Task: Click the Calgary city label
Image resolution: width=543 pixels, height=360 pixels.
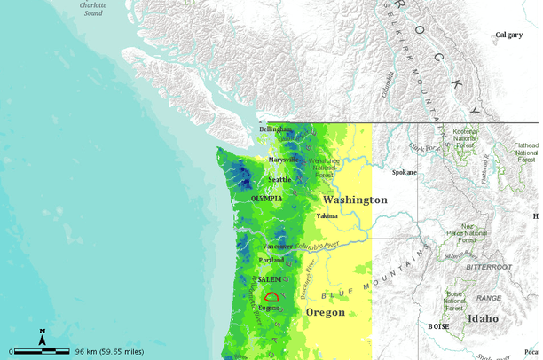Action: tap(508, 35)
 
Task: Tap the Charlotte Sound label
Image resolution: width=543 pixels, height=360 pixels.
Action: tap(92, 9)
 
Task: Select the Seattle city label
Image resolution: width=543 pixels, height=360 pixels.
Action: tap(279, 179)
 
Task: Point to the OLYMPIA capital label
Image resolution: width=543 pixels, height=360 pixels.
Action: tap(267, 199)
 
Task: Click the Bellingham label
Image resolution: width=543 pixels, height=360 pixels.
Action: tap(275, 129)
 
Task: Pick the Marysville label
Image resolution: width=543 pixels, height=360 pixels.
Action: tap(284, 160)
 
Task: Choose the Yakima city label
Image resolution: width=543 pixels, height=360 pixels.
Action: tap(327, 215)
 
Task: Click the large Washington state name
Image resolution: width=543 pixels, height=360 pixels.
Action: tap(355, 200)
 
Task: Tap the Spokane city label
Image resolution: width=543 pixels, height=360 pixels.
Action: tap(404, 172)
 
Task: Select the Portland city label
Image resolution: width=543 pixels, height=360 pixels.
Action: tap(271, 260)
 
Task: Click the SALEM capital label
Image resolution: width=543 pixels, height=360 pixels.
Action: tap(269, 279)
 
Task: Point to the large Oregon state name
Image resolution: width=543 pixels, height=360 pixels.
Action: tap(325, 313)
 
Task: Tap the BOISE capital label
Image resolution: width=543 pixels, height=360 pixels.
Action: tap(438, 326)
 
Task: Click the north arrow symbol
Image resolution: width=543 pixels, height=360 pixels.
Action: tap(42, 336)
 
